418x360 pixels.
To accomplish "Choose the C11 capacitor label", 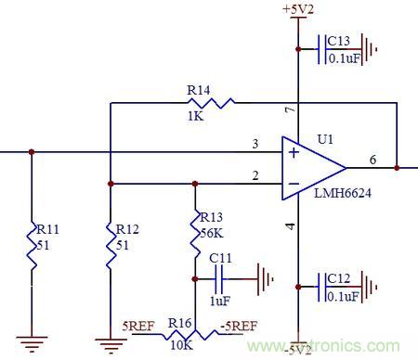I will pyautogui.click(x=220, y=257).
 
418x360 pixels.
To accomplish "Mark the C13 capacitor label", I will pyautogui.click(x=339, y=41).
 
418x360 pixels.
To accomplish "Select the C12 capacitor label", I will pyautogui.click(x=339, y=277).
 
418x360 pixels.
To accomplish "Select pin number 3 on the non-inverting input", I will pyautogui.click(x=254, y=143).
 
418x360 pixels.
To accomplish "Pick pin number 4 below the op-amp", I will pyautogui.click(x=289, y=226).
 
